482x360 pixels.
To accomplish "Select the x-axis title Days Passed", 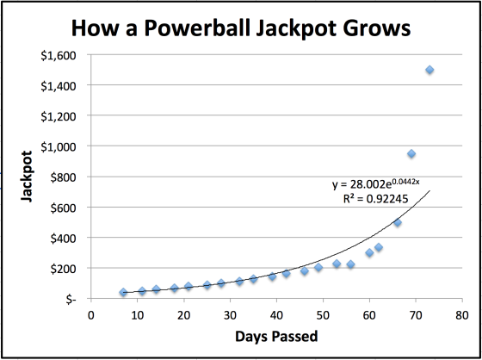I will (276, 335).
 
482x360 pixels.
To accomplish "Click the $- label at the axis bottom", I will (70, 299).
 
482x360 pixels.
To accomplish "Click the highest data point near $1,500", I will (429, 70).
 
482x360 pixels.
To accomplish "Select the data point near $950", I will (411, 154).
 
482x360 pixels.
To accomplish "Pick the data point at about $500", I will (398, 222).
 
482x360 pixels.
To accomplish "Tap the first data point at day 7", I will (123, 293).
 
